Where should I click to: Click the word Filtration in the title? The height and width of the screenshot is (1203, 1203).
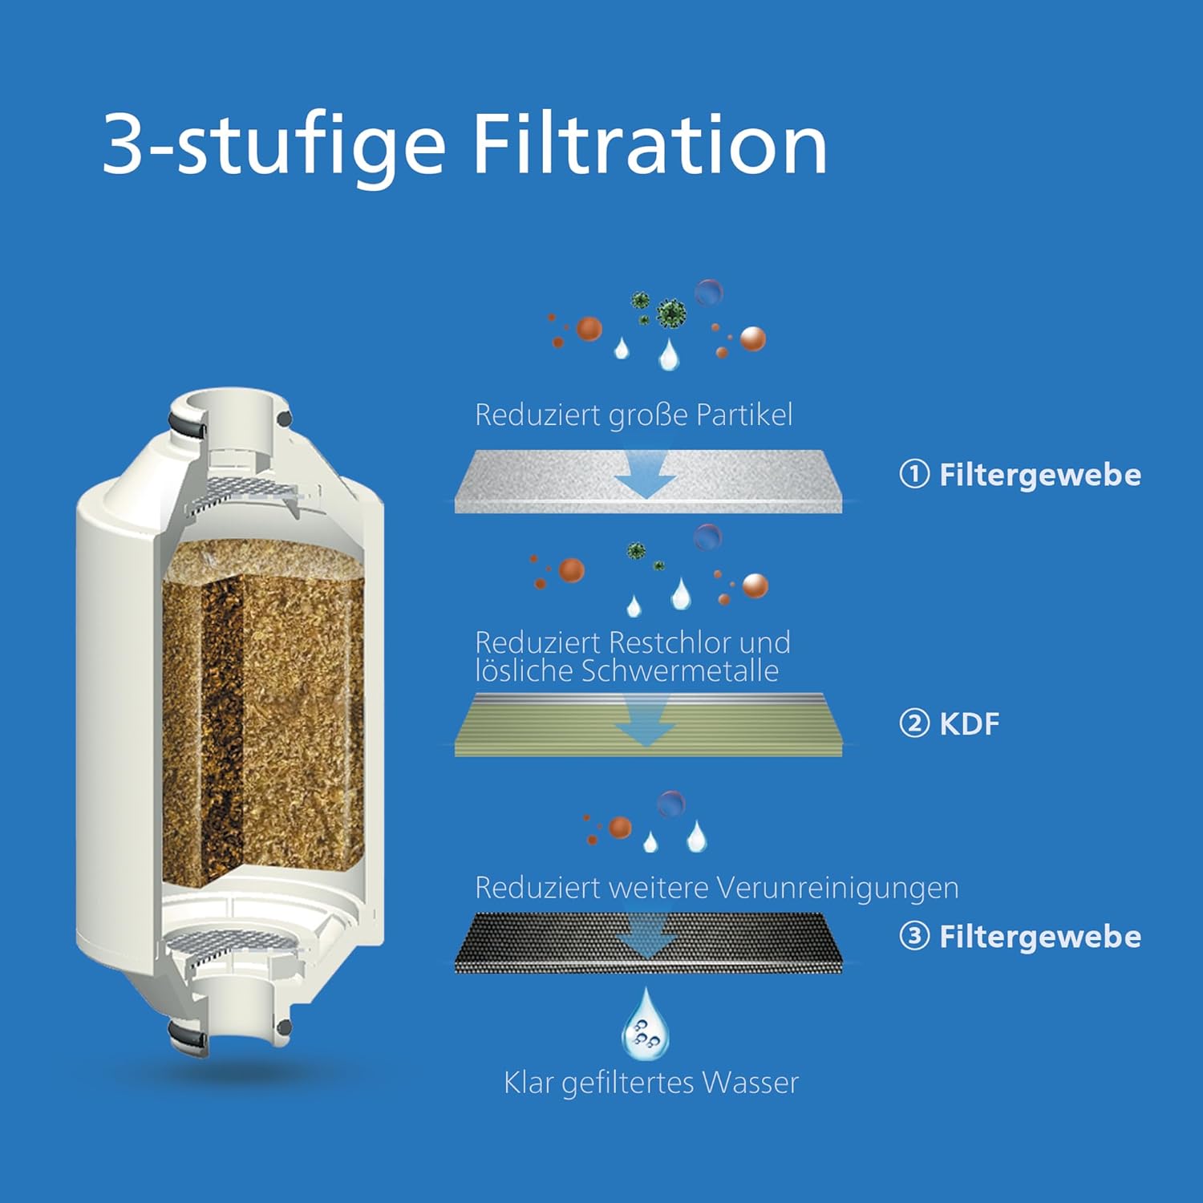coord(650,144)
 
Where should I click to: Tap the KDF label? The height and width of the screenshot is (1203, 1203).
coord(969,723)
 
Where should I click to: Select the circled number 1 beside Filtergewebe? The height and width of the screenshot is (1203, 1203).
coord(914,474)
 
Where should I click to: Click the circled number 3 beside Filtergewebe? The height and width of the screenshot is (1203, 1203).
coord(914,936)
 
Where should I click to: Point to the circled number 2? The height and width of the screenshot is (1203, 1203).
coord(914,723)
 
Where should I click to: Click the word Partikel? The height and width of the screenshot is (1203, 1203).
coord(744,415)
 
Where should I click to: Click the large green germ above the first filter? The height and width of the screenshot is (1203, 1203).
coord(671,314)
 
